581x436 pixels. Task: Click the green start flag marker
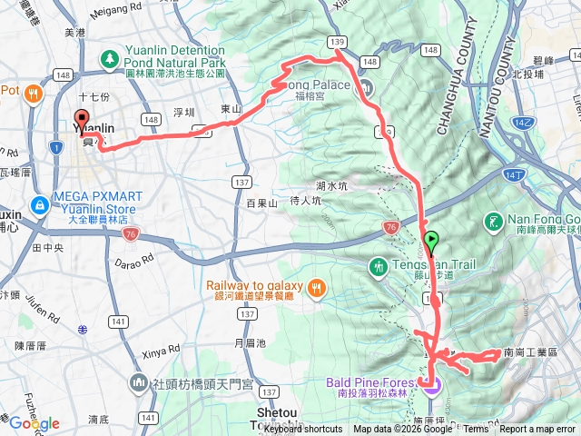pyautogui.click(x=430, y=241)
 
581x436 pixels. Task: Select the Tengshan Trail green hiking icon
pyautogui.click(x=379, y=266)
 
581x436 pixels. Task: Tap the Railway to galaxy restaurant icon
pyautogui.click(x=316, y=289)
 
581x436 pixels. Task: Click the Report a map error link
pyautogui.click(x=539, y=430)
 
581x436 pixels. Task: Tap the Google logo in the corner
pyautogui.click(x=34, y=423)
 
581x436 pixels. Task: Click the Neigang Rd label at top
pyautogui.click(x=125, y=10)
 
